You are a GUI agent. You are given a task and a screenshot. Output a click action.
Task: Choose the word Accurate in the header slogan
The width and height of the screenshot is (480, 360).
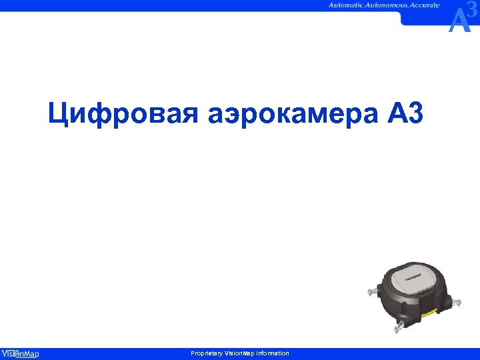(426, 5)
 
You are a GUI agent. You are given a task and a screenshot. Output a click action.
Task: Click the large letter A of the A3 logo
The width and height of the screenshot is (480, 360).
(459, 21)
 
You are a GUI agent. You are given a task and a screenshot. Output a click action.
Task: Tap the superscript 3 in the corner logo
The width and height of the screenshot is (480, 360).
(473, 10)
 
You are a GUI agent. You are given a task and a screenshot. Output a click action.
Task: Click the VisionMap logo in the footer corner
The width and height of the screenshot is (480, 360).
(20, 353)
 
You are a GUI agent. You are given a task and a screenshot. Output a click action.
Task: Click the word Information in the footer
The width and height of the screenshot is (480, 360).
(271, 353)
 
